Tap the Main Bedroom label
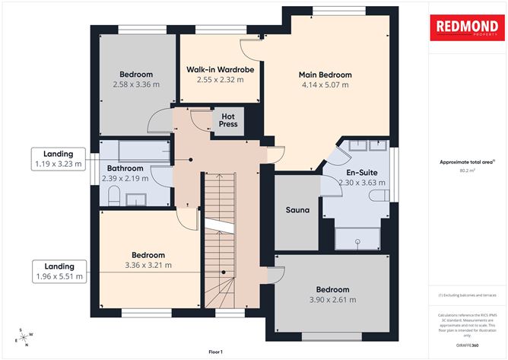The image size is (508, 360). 325,75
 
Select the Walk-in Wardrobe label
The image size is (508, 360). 220,69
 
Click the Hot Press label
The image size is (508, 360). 228,119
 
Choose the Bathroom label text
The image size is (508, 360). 125,168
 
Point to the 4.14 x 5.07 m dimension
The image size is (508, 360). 325,85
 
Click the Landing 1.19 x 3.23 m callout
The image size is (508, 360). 57,158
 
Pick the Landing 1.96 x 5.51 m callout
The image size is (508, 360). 59,271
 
